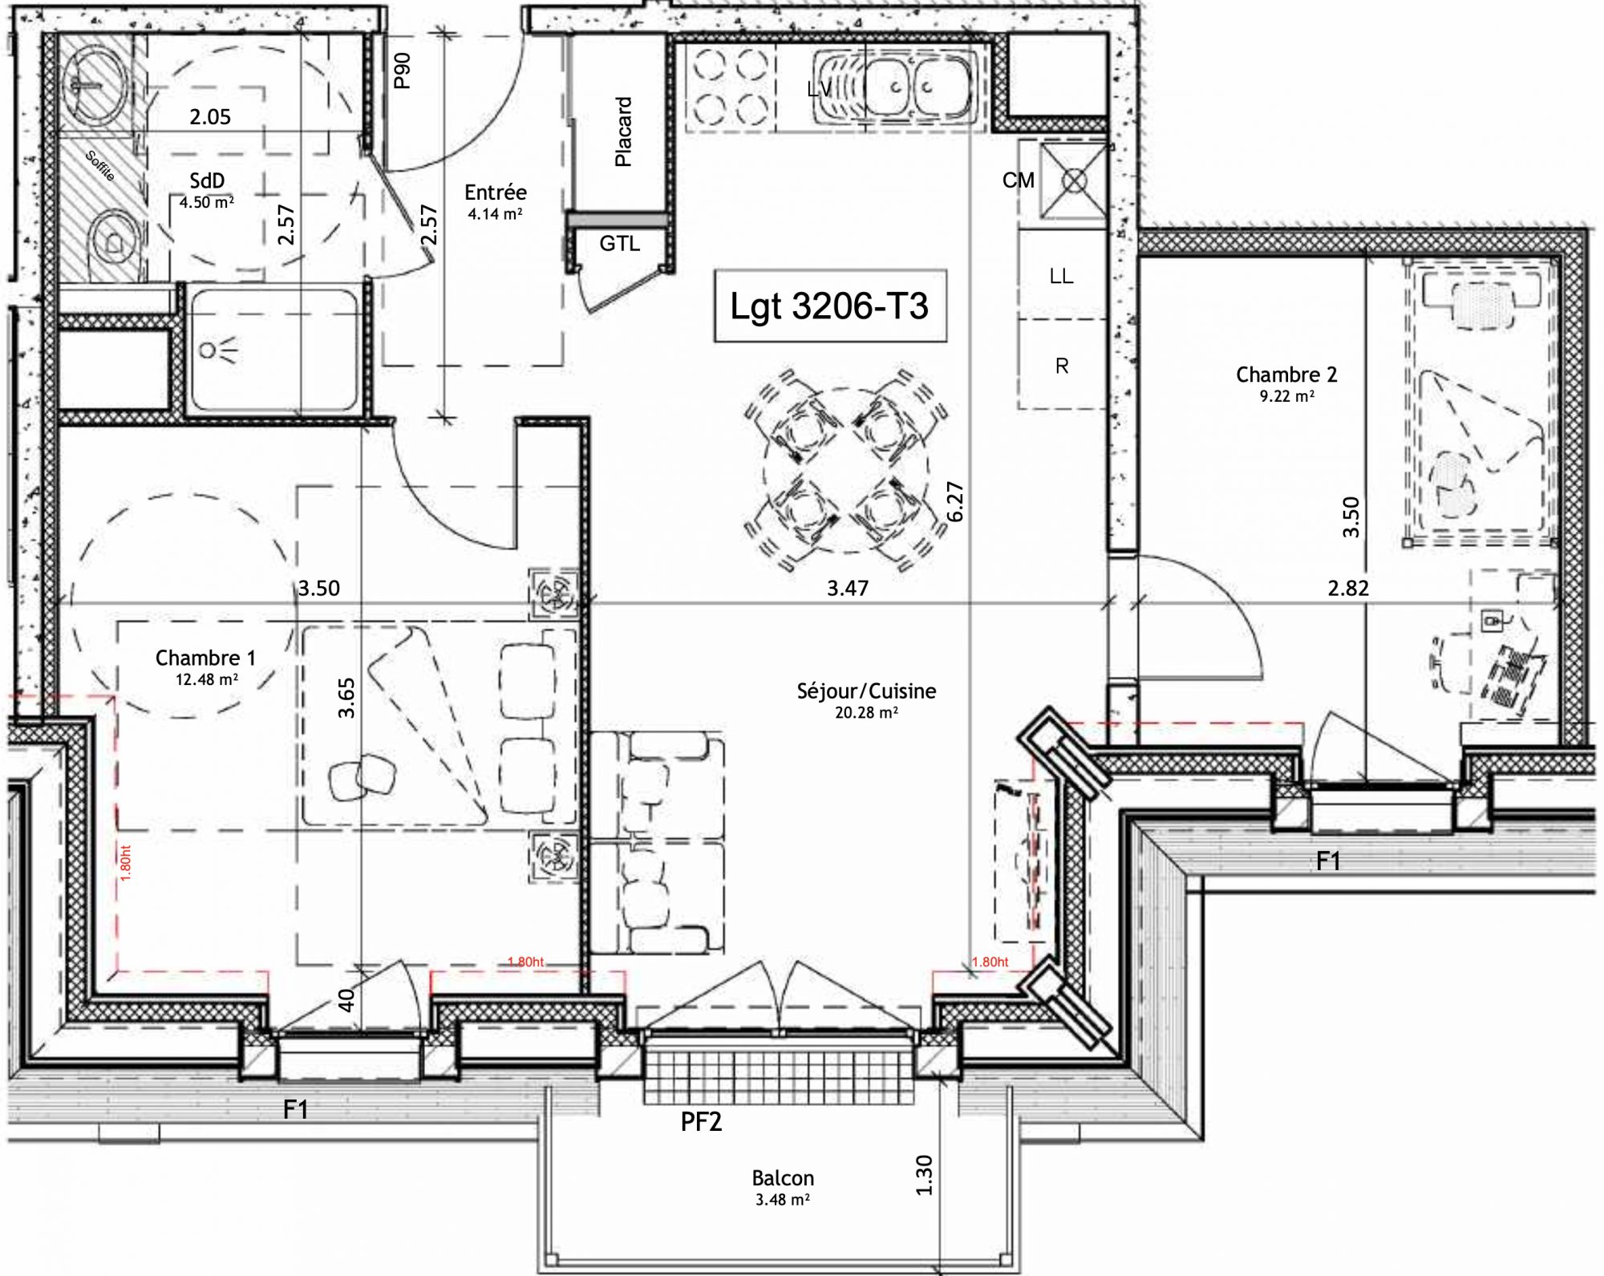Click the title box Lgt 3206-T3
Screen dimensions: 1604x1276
(x=830, y=306)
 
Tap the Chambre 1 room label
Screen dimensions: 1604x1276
(x=205, y=658)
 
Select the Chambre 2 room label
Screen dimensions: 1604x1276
(x=1286, y=375)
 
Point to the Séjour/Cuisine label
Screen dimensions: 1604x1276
(x=866, y=691)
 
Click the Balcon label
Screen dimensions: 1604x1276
(x=783, y=1178)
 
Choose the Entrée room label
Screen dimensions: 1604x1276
(x=496, y=192)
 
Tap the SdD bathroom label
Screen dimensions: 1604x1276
(x=207, y=181)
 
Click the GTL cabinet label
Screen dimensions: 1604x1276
(x=620, y=243)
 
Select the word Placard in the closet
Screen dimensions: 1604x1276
(x=623, y=132)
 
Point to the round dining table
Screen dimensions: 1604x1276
(x=846, y=470)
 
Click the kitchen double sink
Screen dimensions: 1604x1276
(x=895, y=87)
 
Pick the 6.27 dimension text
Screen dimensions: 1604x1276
(x=954, y=502)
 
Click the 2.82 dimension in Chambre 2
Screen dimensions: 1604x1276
(x=1348, y=588)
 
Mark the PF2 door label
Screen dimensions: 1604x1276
(x=701, y=1122)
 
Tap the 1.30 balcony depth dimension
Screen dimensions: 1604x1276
(x=924, y=1175)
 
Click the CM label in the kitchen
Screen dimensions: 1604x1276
(x=1019, y=180)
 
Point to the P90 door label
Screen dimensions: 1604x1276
(x=402, y=71)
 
